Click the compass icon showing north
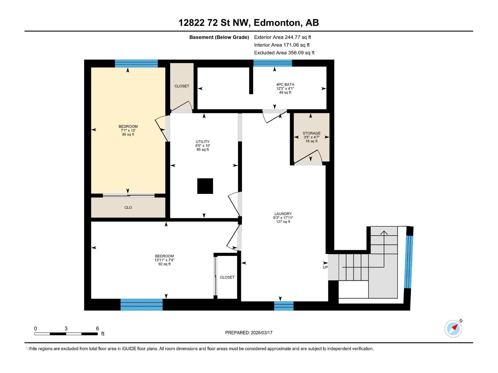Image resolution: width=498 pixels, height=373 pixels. (453, 329)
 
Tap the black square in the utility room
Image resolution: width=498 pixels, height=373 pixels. (205, 186)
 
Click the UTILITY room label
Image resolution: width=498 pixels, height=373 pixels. (203, 141)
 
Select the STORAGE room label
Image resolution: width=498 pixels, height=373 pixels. (312, 133)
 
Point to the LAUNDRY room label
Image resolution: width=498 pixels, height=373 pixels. (283, 214)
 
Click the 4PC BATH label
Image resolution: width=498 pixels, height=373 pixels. (285, 84)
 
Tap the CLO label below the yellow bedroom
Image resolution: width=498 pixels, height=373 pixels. (128, 207)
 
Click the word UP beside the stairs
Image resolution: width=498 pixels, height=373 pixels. (325, 267)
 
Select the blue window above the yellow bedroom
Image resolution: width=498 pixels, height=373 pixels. (136, 63)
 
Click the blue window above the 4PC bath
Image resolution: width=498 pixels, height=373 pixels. (273, 63)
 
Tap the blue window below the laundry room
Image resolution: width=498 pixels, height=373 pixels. (284, 306)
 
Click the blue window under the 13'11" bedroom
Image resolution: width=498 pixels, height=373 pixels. (141, 305)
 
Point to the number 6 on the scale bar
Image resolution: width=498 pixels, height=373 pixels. (97, 328)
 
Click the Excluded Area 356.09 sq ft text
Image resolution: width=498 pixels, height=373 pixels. (284, 53)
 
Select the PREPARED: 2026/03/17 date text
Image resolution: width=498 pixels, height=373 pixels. (249, 333)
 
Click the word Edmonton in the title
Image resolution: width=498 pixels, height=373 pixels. (277, 22)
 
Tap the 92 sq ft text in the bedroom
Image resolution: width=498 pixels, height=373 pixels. (164, 264)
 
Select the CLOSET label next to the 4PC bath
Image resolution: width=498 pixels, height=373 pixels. (182, 86)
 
